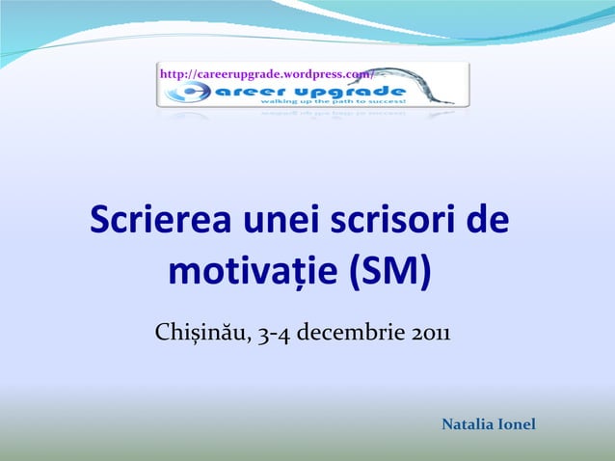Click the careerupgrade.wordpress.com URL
(266, 74)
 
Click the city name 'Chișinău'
(198, 335)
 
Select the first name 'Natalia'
(468, 425)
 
